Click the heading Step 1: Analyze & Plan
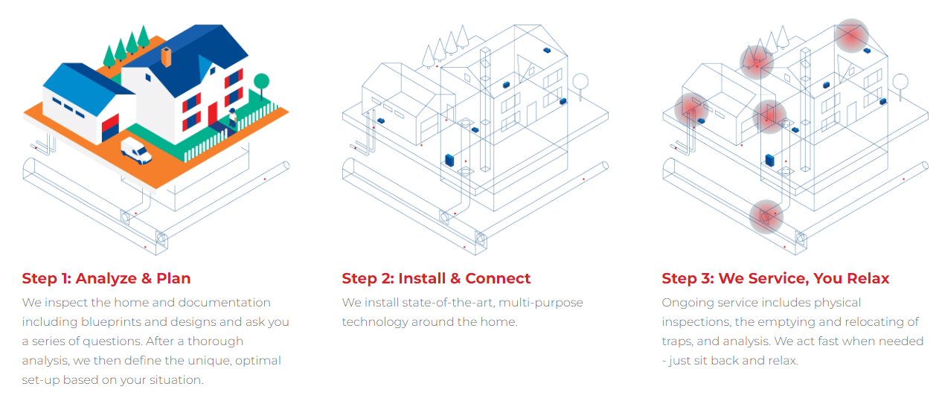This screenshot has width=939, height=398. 106,279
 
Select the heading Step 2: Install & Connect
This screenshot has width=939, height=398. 436,279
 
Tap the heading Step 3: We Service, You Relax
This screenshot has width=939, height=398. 775,279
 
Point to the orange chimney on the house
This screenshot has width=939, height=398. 167,57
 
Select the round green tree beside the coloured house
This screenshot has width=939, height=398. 261,81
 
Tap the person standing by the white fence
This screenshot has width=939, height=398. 232,118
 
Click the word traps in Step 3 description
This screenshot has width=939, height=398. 679,341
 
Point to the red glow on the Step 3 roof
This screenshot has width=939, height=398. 851,36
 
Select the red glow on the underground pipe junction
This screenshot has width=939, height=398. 766,216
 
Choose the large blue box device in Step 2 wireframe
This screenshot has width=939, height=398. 449,159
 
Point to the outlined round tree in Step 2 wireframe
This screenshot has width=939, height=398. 580,81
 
